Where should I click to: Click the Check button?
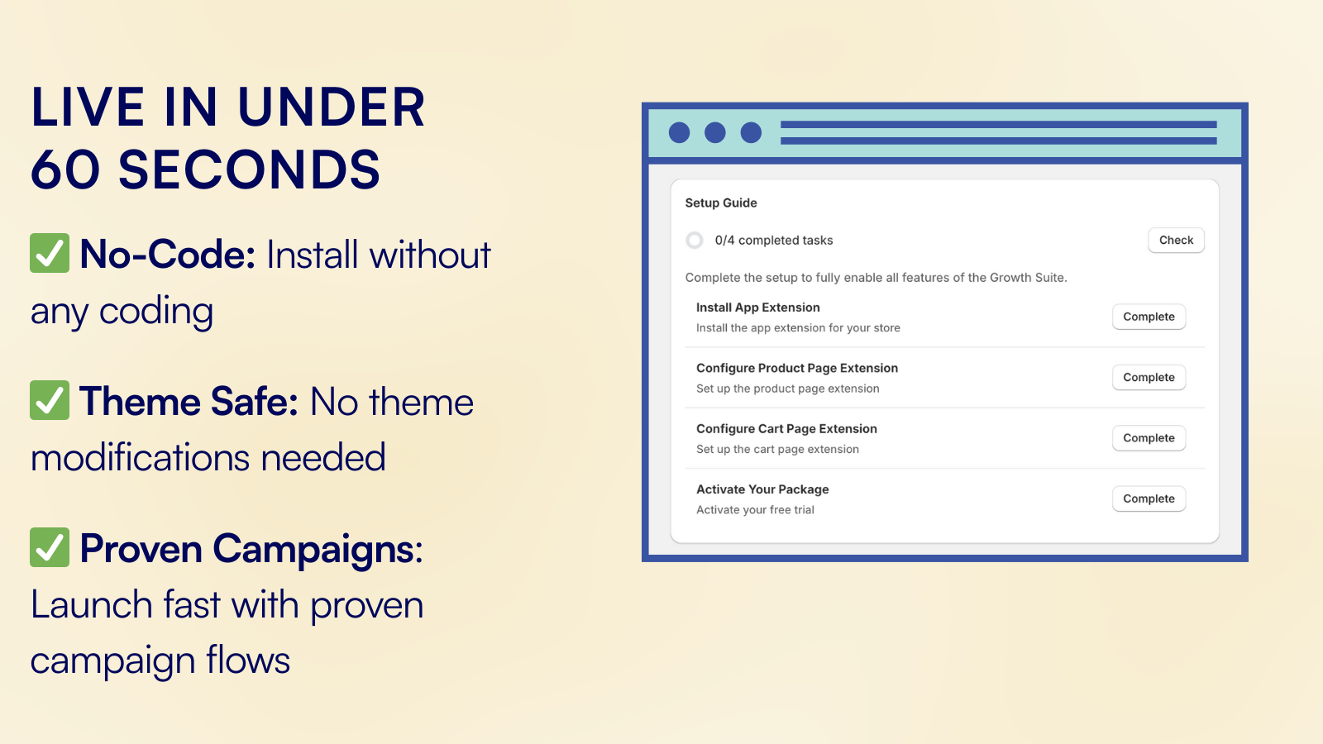click(1176, 241)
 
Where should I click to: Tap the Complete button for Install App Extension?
click(1149, 317)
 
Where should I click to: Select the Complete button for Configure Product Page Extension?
click(1149, 377)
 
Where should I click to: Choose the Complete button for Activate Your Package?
click(1149, 498)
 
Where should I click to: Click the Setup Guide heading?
click(720, 203)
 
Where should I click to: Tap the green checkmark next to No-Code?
click(50, 253)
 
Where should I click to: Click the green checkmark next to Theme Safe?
click(50, 400)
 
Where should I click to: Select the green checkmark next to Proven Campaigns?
click(50, 547)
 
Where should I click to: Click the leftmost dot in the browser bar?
click(679, 132)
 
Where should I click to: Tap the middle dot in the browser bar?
click(715, 132)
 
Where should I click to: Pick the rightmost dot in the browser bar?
click(752, 132)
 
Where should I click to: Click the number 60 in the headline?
click(65, 169)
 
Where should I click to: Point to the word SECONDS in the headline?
click(249, 169)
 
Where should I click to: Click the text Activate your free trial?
click(755, 510)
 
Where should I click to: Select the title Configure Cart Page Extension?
click(786, 429)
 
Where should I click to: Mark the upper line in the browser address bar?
click(999, 125)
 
